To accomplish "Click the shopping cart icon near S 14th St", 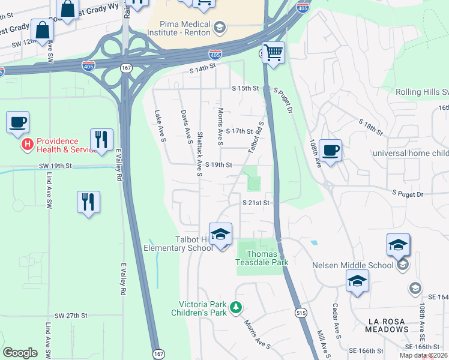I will (274, 52).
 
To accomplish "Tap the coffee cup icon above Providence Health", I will (17, 122).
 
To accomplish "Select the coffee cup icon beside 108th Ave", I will (330, 149).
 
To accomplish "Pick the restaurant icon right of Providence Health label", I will (101, 140).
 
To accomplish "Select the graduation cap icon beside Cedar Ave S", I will (357, 281).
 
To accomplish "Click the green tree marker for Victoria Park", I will (237, 307).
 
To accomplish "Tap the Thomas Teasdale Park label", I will (262, 258).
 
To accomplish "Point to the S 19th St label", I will (218, 164).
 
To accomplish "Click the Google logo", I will (20, 353).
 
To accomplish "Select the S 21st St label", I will (256, 203).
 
